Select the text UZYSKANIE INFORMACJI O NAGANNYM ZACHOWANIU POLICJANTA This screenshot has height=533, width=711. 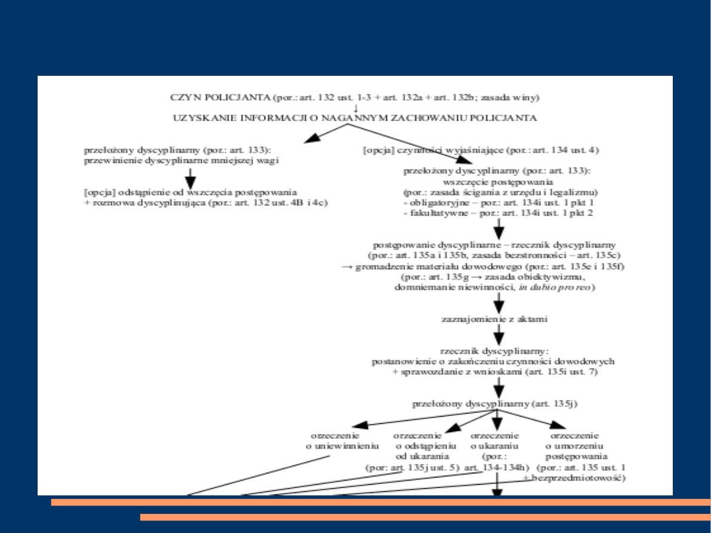click(x=355, y=118)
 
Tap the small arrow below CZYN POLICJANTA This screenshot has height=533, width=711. click(x=355, y=108)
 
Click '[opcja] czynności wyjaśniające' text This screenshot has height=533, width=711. click(x=481, y=150)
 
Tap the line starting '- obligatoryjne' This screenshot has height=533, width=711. click(x=498, y=203)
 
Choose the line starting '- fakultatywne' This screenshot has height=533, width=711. click(x=498, y=213)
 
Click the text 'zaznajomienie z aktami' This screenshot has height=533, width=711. click(x=494, y=319)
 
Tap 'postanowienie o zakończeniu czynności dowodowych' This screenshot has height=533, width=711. click(x=493, y=361)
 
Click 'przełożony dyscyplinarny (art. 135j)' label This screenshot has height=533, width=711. click(x=495, y=404)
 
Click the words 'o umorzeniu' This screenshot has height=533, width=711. click(x=574, y=446)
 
